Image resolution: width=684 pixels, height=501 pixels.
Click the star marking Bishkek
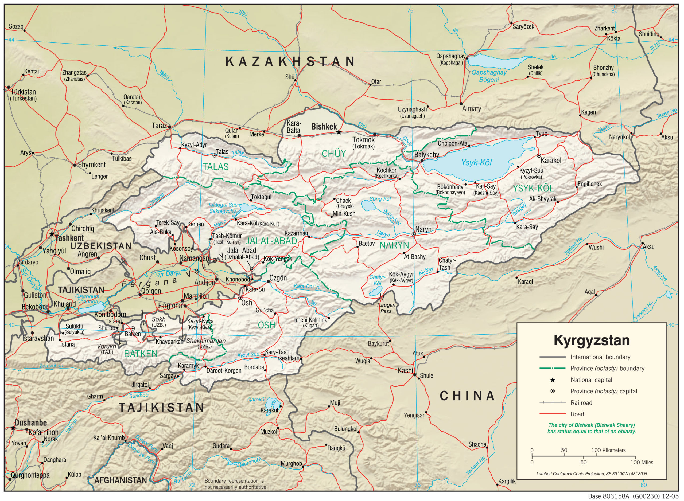point(339,132)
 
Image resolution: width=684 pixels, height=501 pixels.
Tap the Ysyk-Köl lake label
point(476,163)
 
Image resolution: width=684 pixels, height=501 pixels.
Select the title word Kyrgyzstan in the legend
point(592,340)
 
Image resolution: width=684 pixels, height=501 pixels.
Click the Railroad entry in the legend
point(581,403)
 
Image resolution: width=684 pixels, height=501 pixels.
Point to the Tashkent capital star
point(52,234)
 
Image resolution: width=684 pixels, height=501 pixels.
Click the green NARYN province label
point(394,245)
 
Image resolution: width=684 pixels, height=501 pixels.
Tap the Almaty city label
point(471,109)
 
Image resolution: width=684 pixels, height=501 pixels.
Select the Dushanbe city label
point(31,422)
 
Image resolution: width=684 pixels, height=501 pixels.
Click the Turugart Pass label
point(386,308)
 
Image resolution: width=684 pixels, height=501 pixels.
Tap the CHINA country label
point(467,396)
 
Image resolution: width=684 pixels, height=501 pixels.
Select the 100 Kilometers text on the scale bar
point(608,450)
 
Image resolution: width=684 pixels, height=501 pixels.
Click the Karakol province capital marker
point(539,156)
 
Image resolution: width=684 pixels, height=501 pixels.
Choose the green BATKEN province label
point(141,354)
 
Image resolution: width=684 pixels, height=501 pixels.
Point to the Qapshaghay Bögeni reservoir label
point(489,76)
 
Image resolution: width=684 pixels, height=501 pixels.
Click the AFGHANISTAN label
point(121,480)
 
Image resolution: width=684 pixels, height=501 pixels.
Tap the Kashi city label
point(405,370)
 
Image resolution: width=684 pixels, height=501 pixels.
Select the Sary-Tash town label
point(277,352)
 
